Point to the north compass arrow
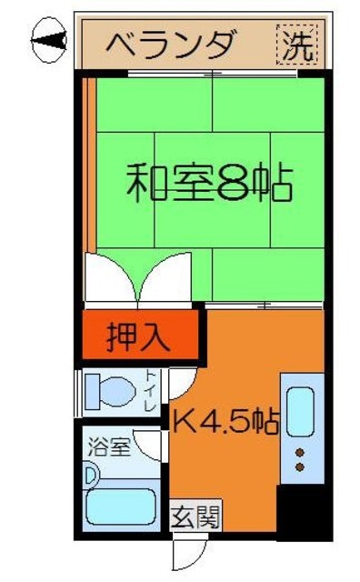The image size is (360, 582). tap(48, 40)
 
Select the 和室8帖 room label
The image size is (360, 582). tap(208, 183)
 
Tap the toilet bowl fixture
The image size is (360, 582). tap(111, 393)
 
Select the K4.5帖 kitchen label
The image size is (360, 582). tap(226, 422)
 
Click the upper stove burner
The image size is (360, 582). tap(299, 452)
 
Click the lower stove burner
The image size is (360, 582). tap(299, 467)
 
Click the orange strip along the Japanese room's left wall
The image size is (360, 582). tap(91, 164)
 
